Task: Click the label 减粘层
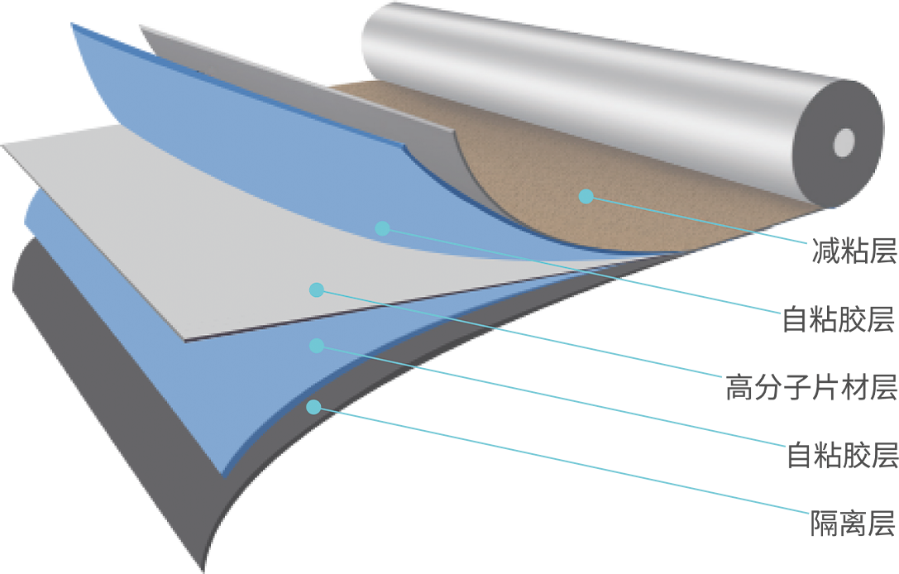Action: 854,251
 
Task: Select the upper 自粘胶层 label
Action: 839,318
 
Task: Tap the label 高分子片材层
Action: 811,386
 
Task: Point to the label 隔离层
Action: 853,523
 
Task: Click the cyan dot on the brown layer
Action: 586,196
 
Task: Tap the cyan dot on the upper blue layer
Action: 382,228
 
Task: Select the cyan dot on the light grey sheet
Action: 317,289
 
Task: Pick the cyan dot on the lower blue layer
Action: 317,345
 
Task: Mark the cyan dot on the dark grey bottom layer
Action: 313,407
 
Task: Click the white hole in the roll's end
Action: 844,142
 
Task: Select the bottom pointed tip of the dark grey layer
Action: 203,572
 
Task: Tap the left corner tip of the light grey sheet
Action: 2,145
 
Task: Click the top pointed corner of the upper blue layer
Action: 72,24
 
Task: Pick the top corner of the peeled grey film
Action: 141,26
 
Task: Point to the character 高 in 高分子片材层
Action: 739,386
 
